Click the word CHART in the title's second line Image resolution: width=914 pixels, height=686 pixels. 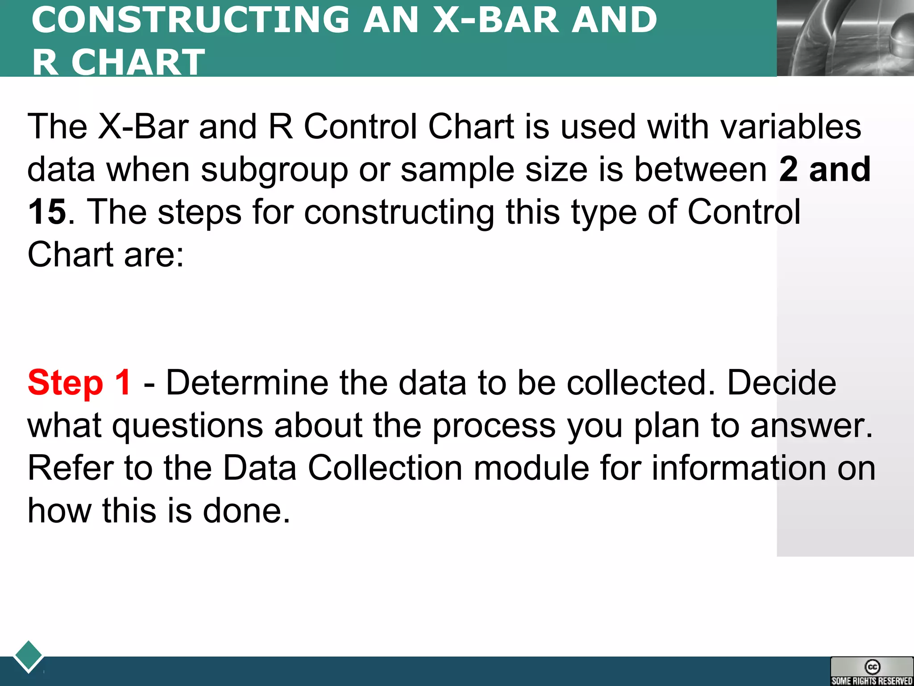[x=138, y=62]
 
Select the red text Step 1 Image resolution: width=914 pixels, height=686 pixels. [x=79, y=383]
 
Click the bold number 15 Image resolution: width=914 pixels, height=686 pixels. [x=47, y=212]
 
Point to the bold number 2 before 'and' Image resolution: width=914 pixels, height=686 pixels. [x=788, y=169]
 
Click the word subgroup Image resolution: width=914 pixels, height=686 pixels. [x=274, y=170]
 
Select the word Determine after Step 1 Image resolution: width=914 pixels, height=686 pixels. [x=247, y=383]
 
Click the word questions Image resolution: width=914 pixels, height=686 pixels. [x=187, y=426]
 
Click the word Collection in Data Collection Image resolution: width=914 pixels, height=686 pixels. [x=385, y=468]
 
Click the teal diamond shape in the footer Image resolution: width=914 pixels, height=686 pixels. [x=29, y=656]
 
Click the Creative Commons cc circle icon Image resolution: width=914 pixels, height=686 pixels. [x=872, y=667]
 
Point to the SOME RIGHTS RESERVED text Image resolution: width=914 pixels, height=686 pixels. [x=872, y=681]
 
